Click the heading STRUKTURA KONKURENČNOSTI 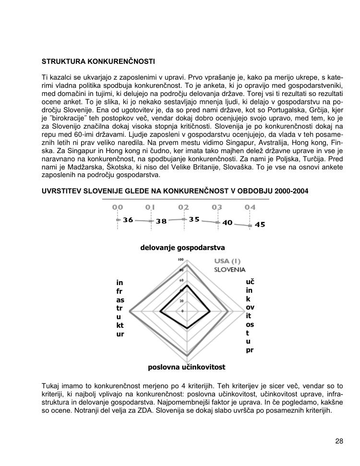coord(98,62)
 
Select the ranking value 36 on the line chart coord(128,220)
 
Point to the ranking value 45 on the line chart coord(260,224)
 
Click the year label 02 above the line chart coord(183,207)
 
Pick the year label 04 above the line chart coord(250,207)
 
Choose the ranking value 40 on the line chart coord(228,223)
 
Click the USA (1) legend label coord(227,261)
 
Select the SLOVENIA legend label coord(229,270)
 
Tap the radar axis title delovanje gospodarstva coord(182,248)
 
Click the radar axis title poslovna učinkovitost coord(186,367)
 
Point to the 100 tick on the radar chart coord(181,260)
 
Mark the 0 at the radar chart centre coord(182,311)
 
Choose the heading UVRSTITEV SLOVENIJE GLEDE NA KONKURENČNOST coord(175,191)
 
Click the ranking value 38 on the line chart coord(161,221)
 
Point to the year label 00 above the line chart coord(118,207)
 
